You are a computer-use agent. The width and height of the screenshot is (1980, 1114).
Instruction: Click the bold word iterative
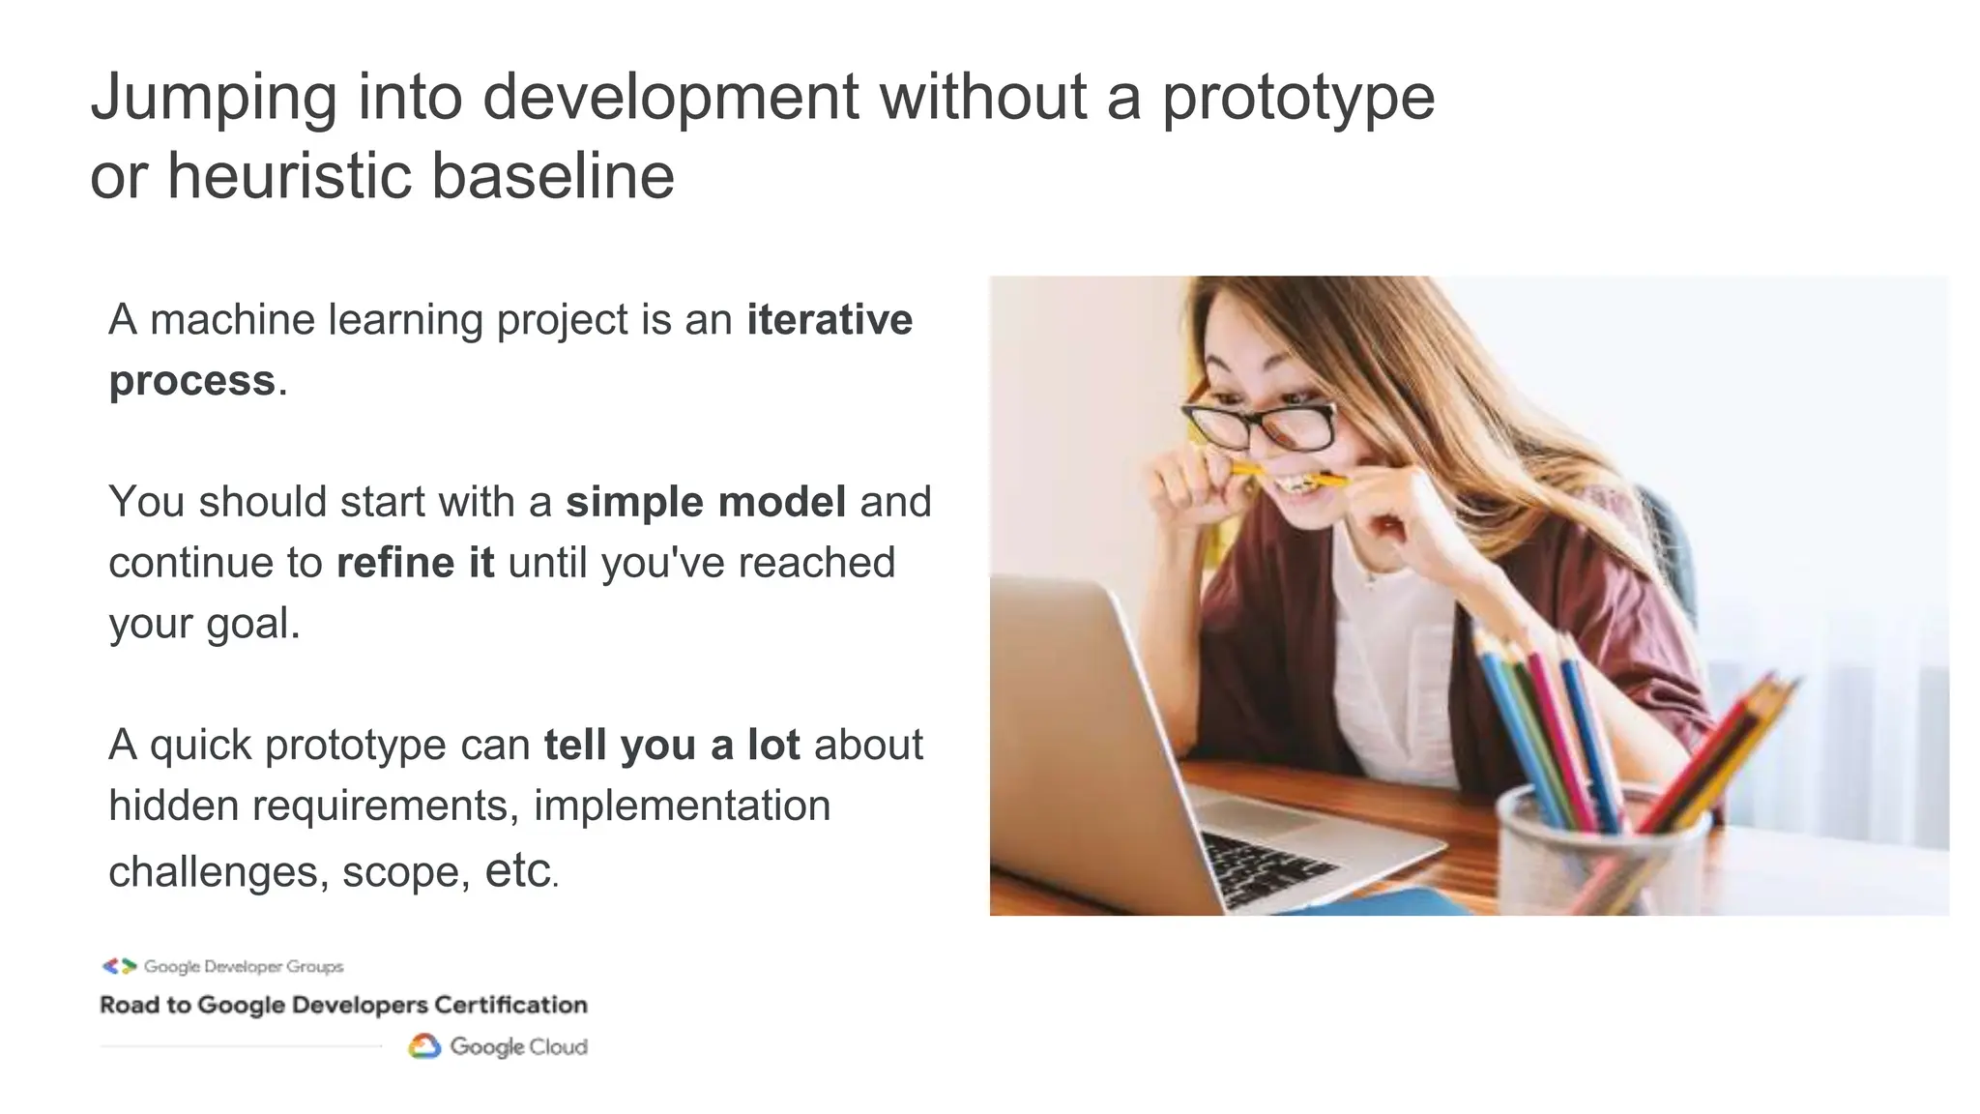(x=829, y=320)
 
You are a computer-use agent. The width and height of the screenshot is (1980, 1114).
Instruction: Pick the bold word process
(x=192, y=381)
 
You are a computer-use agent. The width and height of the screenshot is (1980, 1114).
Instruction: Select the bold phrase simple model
(x=706, y=502)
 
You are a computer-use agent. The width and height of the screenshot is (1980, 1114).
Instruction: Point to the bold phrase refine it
(x=415, y=563)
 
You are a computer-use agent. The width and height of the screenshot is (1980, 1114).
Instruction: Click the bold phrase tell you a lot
(x=671, y=746)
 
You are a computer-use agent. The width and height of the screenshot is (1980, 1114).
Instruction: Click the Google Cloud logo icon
(x=424, y=1046)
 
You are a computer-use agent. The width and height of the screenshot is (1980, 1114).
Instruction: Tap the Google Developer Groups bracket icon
(x=120, y=966)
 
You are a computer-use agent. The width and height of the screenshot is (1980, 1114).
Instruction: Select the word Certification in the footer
(x=510, y=1005)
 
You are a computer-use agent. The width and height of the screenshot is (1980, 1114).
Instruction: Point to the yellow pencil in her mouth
(x=1291, y=475)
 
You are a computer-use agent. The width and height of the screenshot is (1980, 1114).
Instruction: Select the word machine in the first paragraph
(x=232, y=320)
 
